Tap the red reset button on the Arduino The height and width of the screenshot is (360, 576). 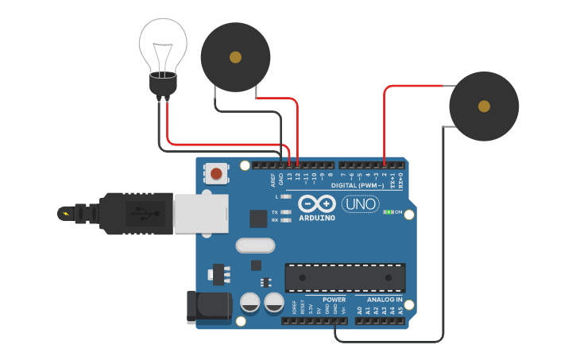pos(216,173)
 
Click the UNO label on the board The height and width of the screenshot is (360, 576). pos(360,204)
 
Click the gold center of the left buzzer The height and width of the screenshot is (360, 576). pos(235,57)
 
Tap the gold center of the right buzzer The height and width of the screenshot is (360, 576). pos(484,106)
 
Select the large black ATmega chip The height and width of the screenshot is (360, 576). pos(345,277)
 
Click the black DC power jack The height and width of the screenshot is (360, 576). pos(203,308)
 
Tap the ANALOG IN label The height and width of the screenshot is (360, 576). pos(385,300)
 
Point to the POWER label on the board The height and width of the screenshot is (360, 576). pos(334,300)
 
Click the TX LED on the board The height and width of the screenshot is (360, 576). pos(286,212)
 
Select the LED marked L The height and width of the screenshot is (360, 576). pos(286,195)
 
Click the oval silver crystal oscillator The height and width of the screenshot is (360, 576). pos(254,246)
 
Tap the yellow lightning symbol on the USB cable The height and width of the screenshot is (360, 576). pos(65,212)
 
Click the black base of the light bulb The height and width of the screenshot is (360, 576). pos(163,83)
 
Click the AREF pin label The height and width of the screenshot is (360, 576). pos(273,179)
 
